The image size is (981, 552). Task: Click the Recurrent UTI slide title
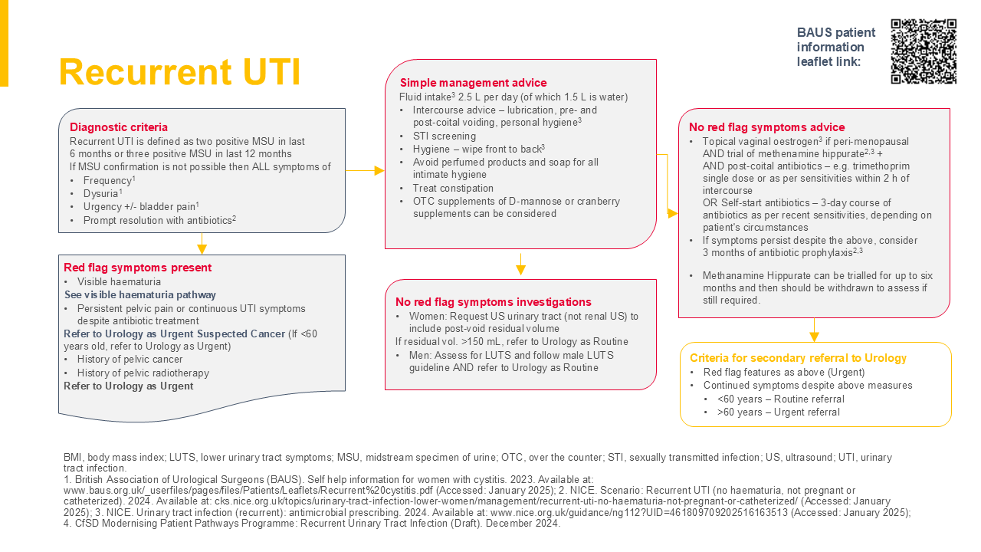179,72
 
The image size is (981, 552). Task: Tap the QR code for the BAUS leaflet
924,51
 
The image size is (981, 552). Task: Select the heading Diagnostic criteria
119,127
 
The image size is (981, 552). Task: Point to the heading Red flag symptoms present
138,268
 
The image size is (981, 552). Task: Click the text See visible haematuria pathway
140,294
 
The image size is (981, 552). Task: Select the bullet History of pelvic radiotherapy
143,373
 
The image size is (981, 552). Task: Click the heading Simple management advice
474,83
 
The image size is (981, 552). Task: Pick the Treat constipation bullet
453,189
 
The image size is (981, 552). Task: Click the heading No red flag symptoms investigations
494,302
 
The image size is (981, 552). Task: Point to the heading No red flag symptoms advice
766,127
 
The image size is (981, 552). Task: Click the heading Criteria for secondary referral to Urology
798,358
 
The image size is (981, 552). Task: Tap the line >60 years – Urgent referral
779,412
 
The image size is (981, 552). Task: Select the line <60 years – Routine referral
781,399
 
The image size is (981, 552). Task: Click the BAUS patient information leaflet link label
835,47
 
